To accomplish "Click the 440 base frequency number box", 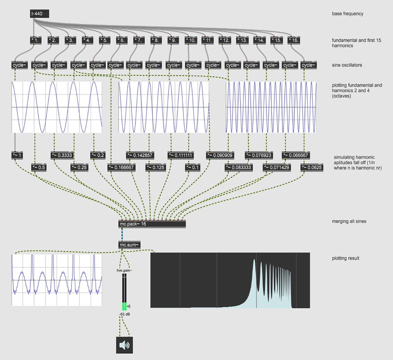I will coord(39,14).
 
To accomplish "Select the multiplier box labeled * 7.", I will coord(139,40).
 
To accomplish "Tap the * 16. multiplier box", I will coord(293,40).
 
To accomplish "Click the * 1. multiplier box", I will coord(36,40).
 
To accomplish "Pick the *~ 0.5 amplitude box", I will coord(39,167).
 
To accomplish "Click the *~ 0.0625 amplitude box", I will coord(312,167).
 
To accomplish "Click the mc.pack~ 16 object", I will coord(152,224).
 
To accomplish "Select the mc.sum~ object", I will coord(129,245).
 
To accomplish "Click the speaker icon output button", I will coord(124,345).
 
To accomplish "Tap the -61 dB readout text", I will coord(125,314).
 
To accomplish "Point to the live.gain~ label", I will coord(124,270).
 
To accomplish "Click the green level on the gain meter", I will coord(124,306).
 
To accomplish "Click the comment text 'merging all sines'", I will coord(349,221).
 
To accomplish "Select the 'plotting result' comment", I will coord(346,258).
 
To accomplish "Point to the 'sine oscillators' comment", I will coord(347,65).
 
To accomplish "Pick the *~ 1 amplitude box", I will coord(17,155).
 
